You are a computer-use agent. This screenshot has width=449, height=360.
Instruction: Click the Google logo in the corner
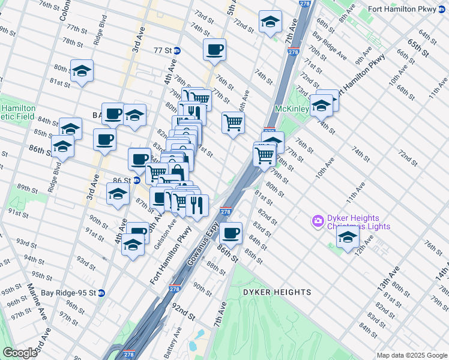(x=20, y=353)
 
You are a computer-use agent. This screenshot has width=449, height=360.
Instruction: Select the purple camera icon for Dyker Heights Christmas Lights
(x=318, y=221)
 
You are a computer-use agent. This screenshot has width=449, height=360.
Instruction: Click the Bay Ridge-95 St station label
(x=68, y=293)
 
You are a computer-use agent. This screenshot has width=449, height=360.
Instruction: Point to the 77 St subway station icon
(x=176, y=50)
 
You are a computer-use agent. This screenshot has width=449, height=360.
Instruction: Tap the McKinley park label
(x=292, y=109)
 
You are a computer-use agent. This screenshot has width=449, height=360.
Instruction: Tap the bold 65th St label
(x=419, y=49)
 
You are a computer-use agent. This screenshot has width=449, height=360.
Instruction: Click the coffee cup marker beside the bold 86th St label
(x=230, y=232)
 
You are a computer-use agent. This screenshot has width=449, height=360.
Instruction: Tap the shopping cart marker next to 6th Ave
(x=233, y=122)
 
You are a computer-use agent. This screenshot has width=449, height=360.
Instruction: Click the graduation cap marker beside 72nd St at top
(x=271, y=21)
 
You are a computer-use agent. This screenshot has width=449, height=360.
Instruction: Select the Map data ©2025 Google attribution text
(x=411, y=355)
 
